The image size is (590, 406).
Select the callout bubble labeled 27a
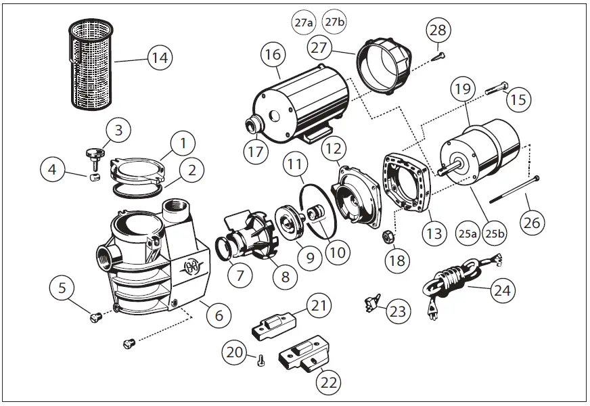[x=304, y=22]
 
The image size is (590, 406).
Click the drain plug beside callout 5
[x=96, y=314]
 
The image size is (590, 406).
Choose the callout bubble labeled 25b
[x=495, y=234]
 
